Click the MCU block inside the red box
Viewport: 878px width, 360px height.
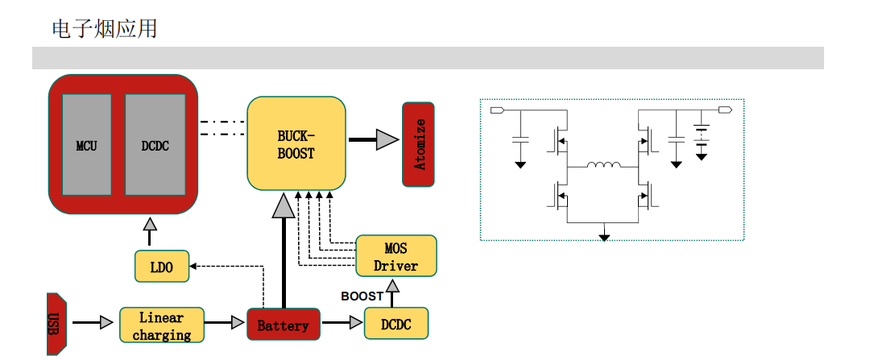coord(87,145)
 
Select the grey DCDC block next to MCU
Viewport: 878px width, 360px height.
coord(155,145)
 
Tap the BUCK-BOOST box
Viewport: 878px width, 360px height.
coord(296,143)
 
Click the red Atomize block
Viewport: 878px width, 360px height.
coord(418,144)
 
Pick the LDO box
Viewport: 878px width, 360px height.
coord(162,267)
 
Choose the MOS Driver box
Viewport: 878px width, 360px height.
coord(396,256)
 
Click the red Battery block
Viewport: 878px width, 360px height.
coord(283,325)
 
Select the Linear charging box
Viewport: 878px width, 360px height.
coord(161,325)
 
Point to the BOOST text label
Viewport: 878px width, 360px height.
coord(362,296)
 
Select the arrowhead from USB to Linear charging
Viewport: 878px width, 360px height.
coord(106,323)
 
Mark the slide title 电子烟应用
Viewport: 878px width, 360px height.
coord(105,30)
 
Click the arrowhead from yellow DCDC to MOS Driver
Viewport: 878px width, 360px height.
coord(391,286)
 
